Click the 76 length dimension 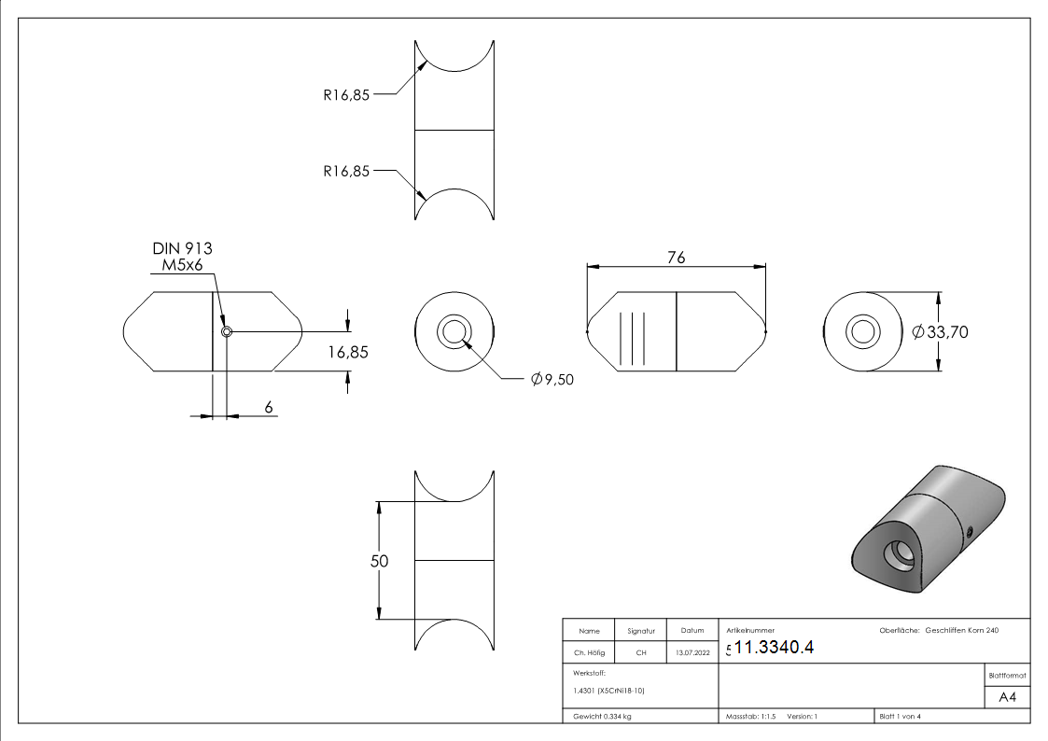click(677, 258)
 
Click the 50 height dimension click(379, 561)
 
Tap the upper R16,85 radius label click(347, 93)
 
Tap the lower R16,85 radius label click(347, 171)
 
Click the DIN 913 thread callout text click(182, 248)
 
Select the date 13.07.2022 click(692, 652)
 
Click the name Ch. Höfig click(589, 652)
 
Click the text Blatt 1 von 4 click(901, 716)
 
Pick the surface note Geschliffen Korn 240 click(962, 631)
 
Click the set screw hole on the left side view click(226, 331)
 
